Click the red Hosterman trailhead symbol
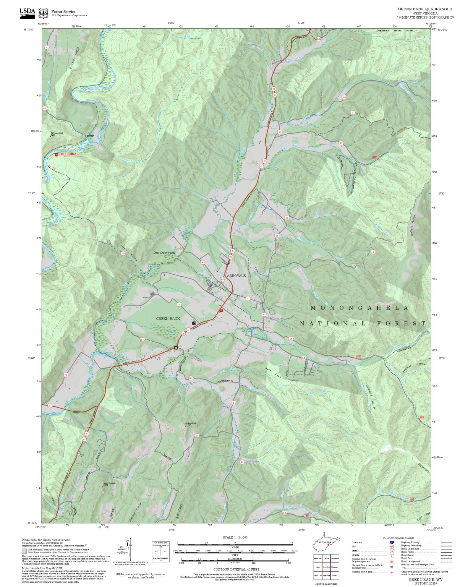click(x=56, y=155)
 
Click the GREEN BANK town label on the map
click(x=168, y=319)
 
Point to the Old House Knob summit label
click(x=57, y=134)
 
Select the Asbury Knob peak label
click(x=191, y=424)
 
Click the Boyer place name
click(x=276, y=73)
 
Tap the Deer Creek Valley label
click(x=164, y=253)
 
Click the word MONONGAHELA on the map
click(x=359, y=308)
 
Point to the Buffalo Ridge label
click(x=413, y=225)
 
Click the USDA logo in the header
click(x=27, y=13)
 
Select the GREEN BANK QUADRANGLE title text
click(x=425, y=9)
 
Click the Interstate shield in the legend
click(x=392, y=543)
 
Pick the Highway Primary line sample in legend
click(x=446, y=543)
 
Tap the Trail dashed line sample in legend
click(x=446, y=567)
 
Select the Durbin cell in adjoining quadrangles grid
click(x=326, y=559)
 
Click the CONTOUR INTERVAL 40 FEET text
click(x=236, y=569)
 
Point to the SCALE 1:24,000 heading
click(x=235, y=538)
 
